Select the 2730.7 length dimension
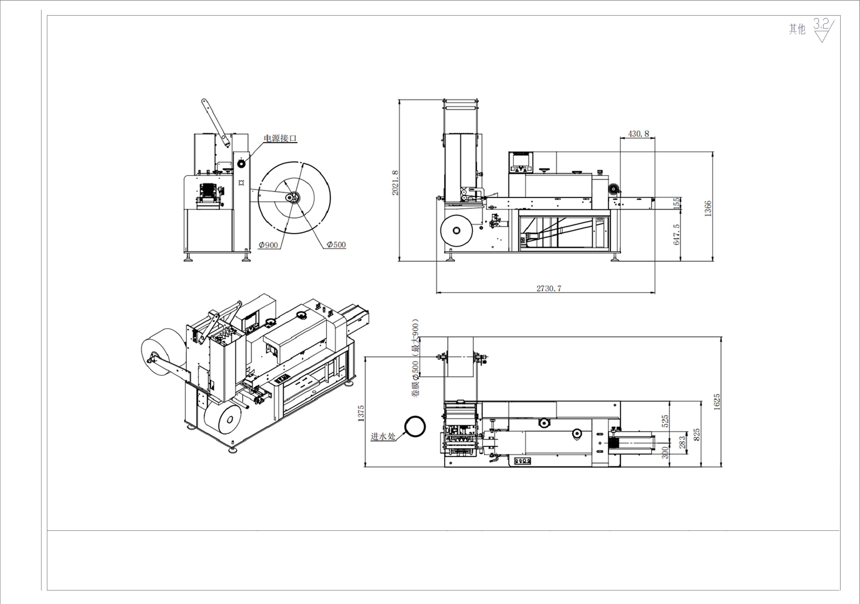[x=549, y=288]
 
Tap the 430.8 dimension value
[x=638, y=134]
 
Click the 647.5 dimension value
[x=676, y=234]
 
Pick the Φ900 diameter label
[x=268, y=245]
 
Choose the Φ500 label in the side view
[x=336, y=244]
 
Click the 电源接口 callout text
[x=280, y=138]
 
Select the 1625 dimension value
[x=717, y=402]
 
